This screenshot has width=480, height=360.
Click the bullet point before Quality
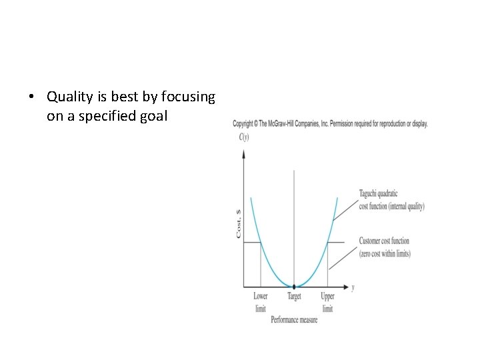(31, 97)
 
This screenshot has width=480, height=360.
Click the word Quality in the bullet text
(68, 97)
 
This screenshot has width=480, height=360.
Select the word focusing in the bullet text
(190, 97)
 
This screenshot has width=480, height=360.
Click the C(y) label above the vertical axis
(243, 137)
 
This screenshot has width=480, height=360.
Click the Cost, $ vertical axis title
(239, 223)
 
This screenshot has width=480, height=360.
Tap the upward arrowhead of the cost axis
(244, 154)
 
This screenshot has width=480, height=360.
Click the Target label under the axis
(294, 297)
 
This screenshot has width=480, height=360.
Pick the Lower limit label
(260, 302)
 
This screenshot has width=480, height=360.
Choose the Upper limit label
(327, 302)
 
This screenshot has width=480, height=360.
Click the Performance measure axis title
(294, 320)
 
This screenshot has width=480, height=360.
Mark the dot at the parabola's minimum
(294, 287)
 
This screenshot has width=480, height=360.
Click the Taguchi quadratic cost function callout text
(391, 200)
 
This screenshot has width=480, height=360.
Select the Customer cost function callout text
(384, 247)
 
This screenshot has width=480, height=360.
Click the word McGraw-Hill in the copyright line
(283, 124)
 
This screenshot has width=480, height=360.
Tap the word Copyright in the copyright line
(243, 124)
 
